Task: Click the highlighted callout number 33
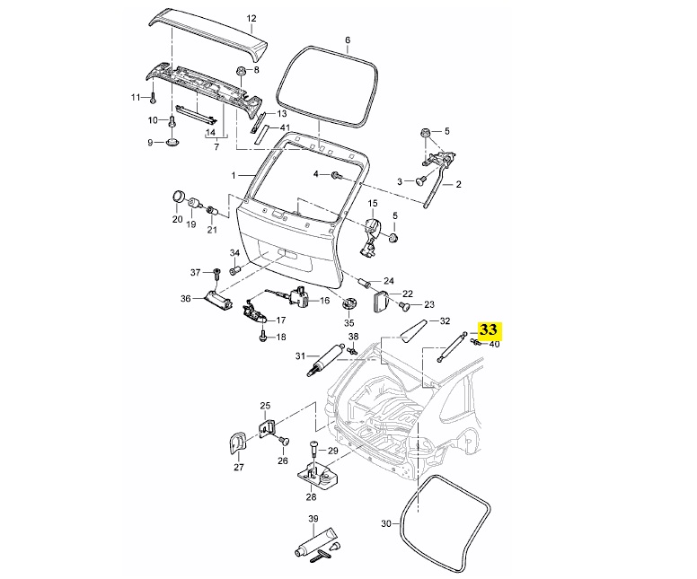click(491, 329)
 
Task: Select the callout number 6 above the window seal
click(348, 40)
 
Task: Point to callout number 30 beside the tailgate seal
click(385, 522)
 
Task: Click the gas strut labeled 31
click(329, 359)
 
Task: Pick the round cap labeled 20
click(178, 198)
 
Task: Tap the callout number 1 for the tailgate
click(233, 174)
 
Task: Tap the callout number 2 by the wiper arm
click(458, 186)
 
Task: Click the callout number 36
click(185, 299)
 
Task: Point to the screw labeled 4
click(335, 174)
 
